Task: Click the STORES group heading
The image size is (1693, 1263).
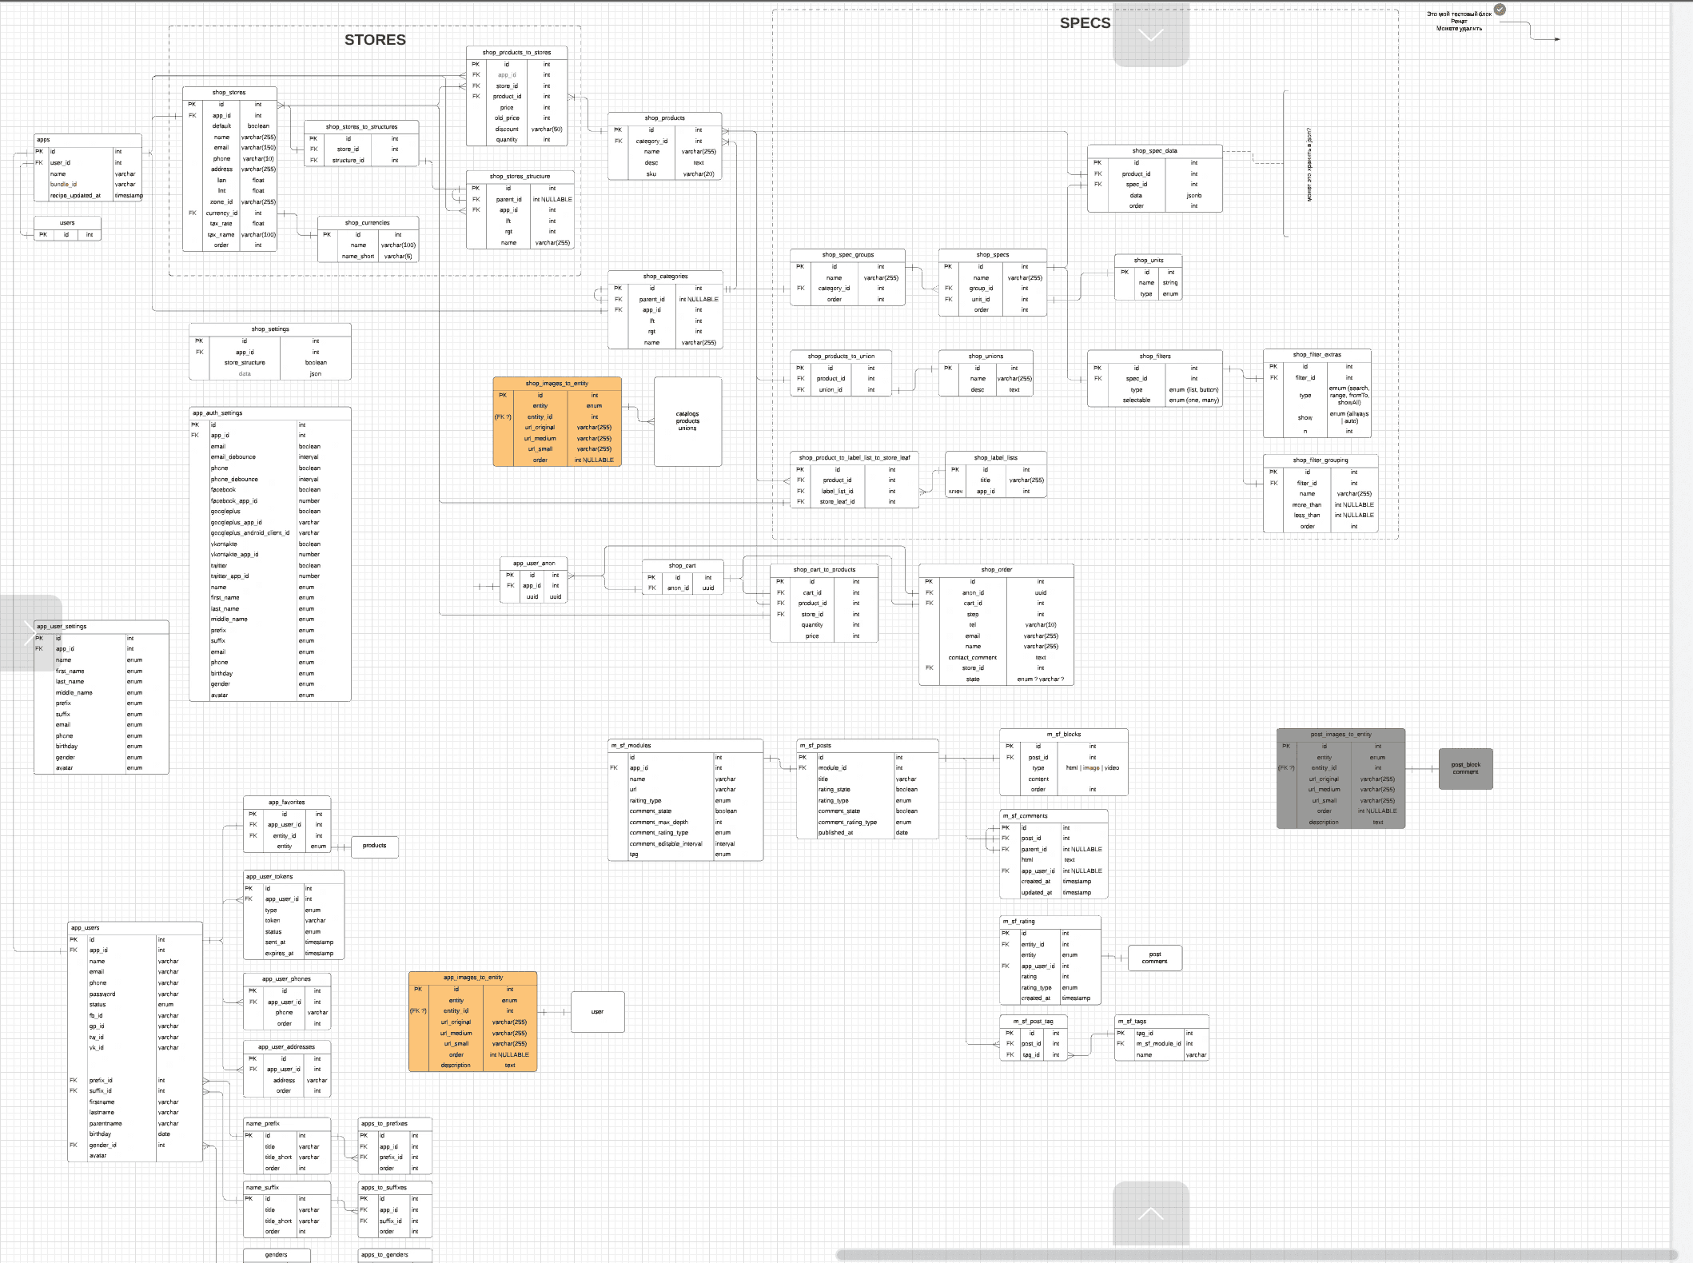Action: tap(375, 40)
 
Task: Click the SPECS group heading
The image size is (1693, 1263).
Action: tap(1085, 23)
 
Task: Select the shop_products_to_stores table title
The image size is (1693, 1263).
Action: tap(516, 53)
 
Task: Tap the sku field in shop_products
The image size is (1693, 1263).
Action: tap(651, 173)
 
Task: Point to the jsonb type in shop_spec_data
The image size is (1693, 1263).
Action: tap(1193, 195)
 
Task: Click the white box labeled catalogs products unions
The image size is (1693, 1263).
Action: tap(687, 421)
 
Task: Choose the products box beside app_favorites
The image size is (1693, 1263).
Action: tap(374, 846)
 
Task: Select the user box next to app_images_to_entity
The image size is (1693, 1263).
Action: tap(597, 1012)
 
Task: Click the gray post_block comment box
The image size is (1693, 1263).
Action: tap(1465, 768)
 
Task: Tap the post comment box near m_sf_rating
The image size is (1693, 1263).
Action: tap(1154, 958)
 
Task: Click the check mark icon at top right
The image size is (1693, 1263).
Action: tap(1500, 10)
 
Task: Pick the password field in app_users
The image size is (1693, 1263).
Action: tap(102, 994)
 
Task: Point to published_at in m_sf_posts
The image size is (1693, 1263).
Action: tap(835, 832)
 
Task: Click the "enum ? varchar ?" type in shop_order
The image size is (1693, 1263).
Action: tap(1040, 679)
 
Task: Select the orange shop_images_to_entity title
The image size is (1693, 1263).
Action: tap(556, 384)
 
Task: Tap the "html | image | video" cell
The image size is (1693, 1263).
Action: tap(1092, 767)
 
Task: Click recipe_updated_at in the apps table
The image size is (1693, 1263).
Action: tap(75, 195)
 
